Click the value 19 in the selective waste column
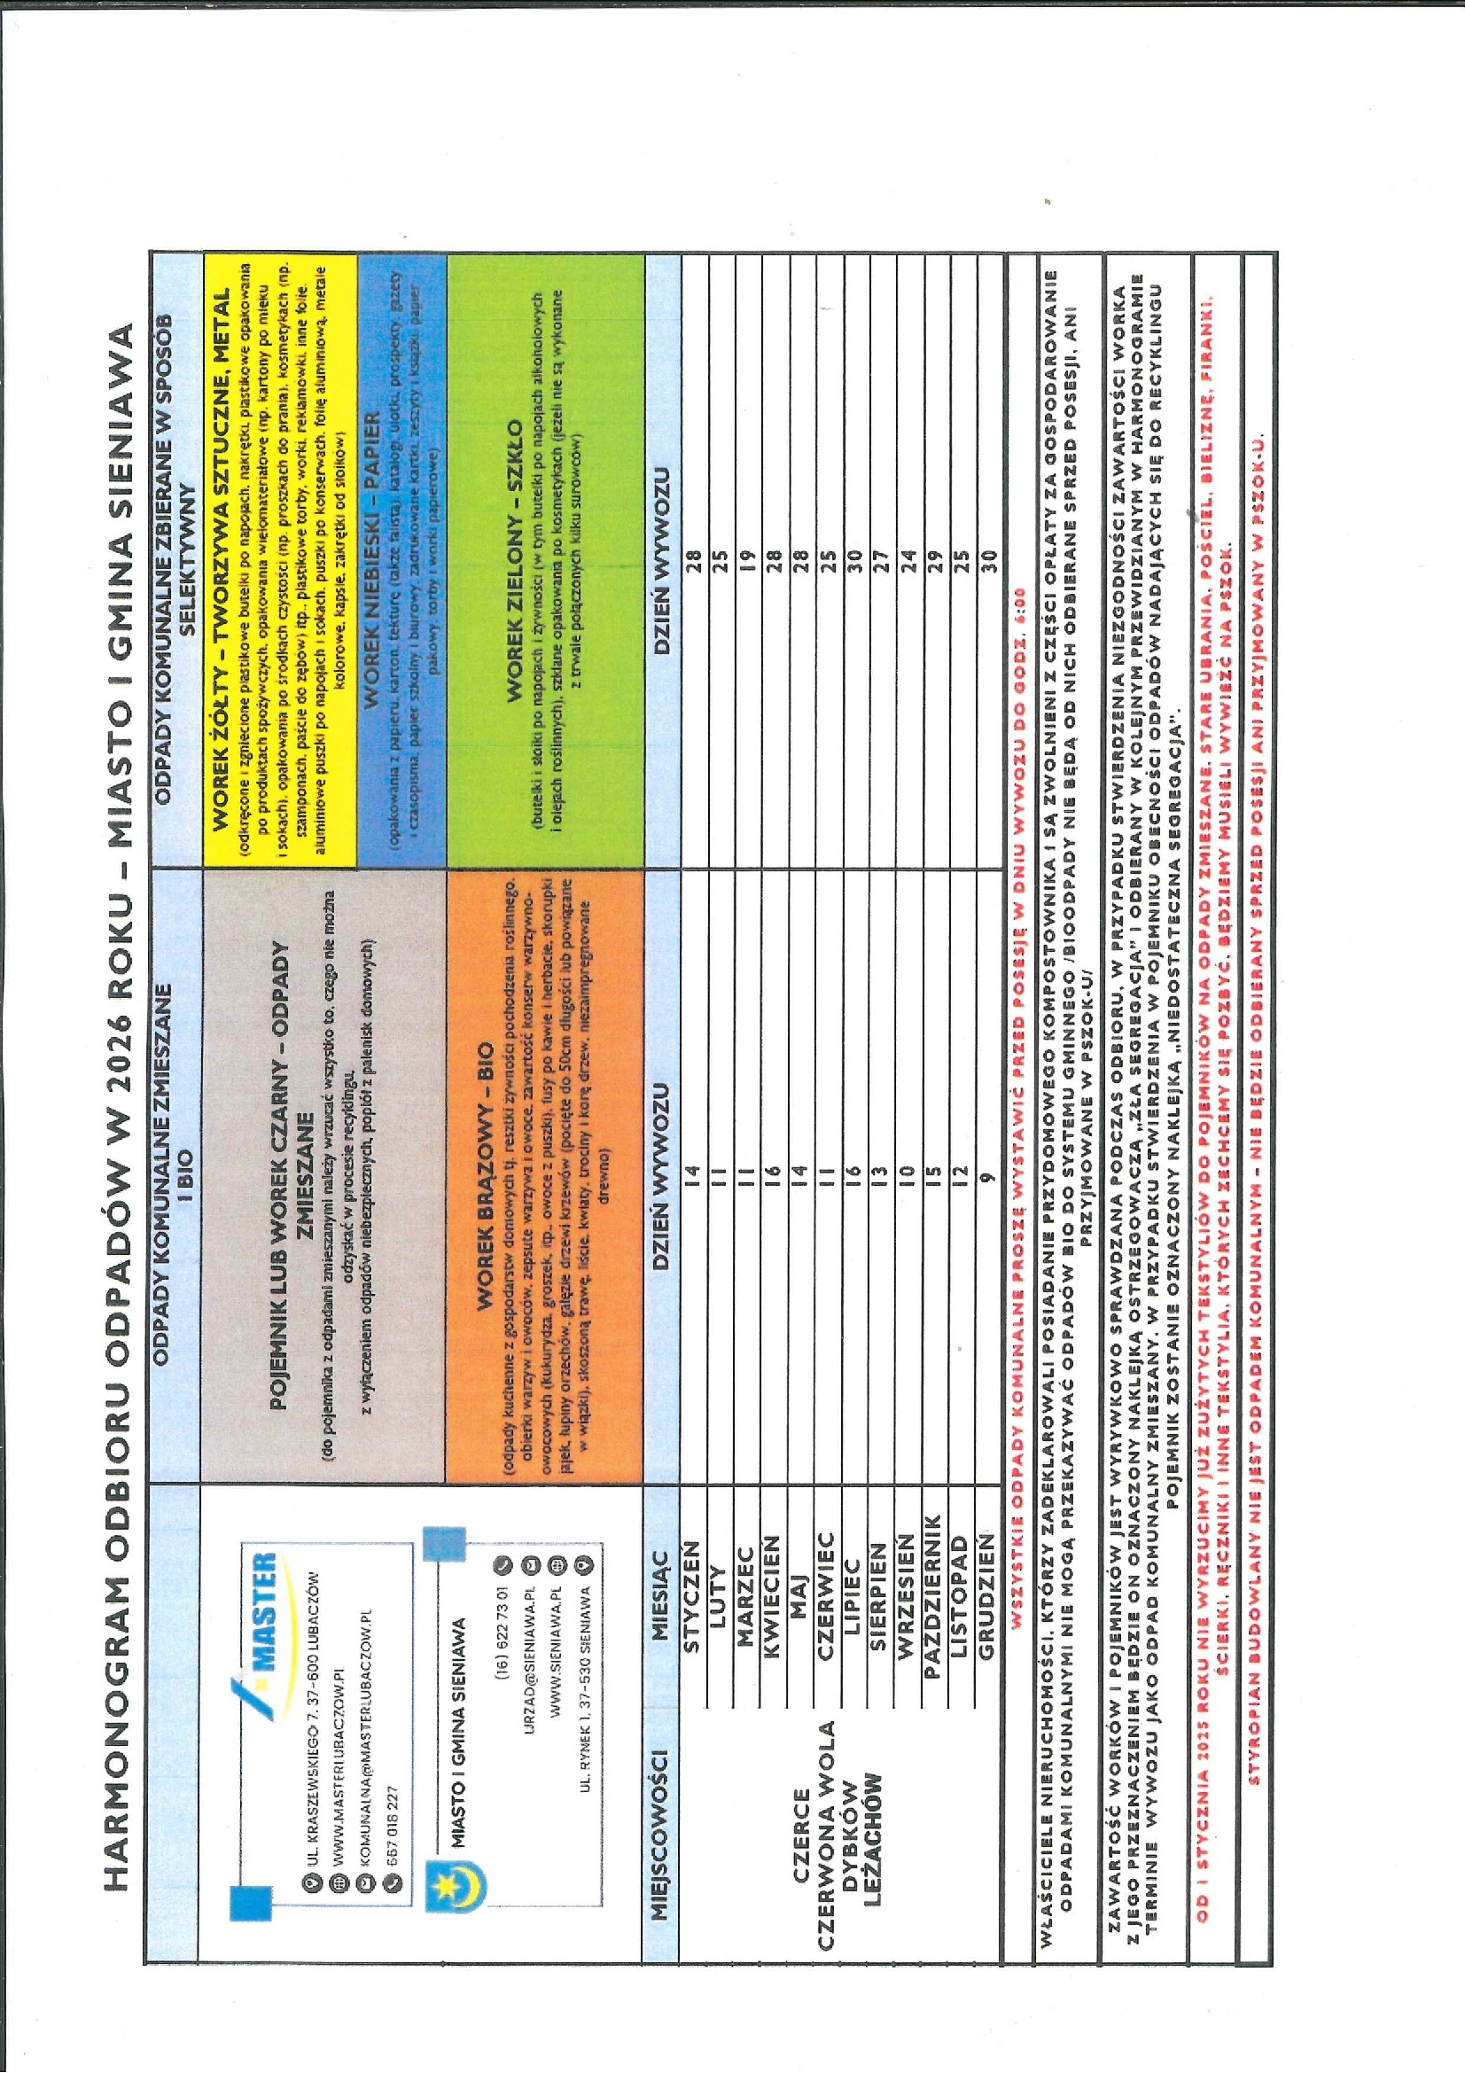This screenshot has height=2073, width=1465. [746, 561]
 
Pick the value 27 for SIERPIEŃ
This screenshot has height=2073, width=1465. [881, 561]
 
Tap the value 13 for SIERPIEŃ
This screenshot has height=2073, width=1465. [881, 1173]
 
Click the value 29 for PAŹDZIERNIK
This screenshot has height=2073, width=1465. [935, 561]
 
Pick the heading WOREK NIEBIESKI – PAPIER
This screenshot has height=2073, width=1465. [373, 561]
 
